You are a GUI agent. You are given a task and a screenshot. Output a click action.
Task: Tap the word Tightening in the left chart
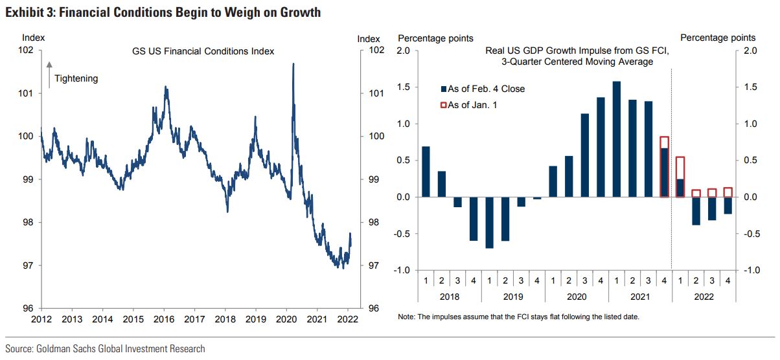coord(76,78)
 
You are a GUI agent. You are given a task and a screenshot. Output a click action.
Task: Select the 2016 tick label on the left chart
coord(164,319)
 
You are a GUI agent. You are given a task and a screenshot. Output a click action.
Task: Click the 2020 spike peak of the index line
coord(294,64)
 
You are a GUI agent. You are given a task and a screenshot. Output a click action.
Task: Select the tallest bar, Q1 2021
coord(616,139)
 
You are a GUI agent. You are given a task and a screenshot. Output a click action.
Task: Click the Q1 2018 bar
coord(426,172)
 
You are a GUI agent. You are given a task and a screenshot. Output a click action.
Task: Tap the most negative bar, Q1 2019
coord(489,222)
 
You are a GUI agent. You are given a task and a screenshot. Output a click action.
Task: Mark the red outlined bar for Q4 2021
coord(664,166)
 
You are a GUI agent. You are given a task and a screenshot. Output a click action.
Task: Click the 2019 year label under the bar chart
coord(512,296)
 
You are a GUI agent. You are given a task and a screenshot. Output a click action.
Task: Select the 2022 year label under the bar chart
coord(704,296)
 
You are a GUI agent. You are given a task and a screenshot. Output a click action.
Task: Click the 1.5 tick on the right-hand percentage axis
coord(751,87)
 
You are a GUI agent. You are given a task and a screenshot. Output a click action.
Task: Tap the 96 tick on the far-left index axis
coord(29,308)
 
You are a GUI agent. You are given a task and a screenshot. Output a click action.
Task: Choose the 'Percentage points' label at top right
coord(718,39)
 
